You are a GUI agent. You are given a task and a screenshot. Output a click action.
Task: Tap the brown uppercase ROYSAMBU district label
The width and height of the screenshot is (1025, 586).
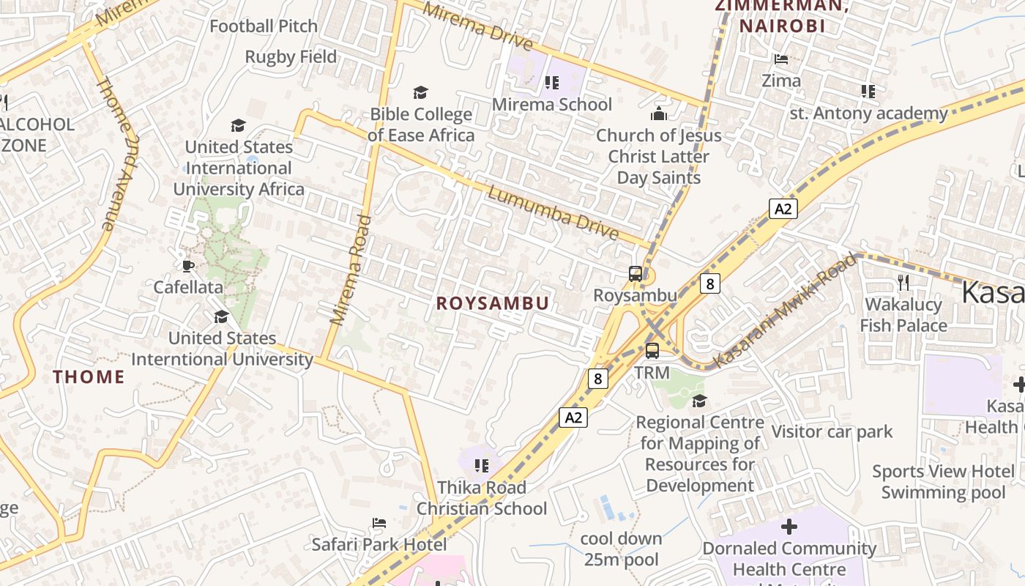[492, 303]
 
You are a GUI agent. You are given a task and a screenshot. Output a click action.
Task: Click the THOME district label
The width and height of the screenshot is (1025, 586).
[89, 377]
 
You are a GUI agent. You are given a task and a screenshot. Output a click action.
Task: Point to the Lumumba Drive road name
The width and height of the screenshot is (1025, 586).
[553, 213]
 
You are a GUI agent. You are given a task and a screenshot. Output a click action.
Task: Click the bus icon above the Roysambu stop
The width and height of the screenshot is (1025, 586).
[635, 275]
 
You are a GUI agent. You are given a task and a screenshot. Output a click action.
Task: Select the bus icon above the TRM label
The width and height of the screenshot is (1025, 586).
[652, 351]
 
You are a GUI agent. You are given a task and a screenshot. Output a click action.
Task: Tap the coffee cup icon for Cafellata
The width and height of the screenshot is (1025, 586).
[188, 266]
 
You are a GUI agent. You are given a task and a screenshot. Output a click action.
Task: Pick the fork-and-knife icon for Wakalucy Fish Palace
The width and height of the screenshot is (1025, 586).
[903, 282]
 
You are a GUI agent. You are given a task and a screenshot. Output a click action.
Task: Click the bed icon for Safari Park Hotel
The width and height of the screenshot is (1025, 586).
[379, 523]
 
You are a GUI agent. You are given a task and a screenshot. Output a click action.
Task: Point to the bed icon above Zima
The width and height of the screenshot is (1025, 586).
[781, 59]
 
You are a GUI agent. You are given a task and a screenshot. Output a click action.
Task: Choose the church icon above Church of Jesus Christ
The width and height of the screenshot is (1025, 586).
[658, 114]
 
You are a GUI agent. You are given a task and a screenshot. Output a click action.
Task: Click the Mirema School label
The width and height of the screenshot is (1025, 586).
[551, 105]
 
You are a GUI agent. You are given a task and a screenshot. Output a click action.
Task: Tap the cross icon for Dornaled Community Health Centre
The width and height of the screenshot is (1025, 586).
[789, 527]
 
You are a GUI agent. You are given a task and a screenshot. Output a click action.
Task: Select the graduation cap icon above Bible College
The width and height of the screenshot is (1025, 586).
[420, 92]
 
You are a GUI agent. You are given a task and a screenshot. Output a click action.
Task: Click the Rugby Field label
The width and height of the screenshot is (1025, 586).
[291, 57]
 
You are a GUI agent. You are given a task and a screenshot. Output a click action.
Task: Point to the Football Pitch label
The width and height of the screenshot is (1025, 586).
[264, 26]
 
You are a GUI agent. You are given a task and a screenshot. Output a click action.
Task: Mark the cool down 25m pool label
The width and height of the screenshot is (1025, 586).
[621, 549]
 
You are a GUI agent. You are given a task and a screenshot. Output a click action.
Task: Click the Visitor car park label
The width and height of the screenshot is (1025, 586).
[832, 432]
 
